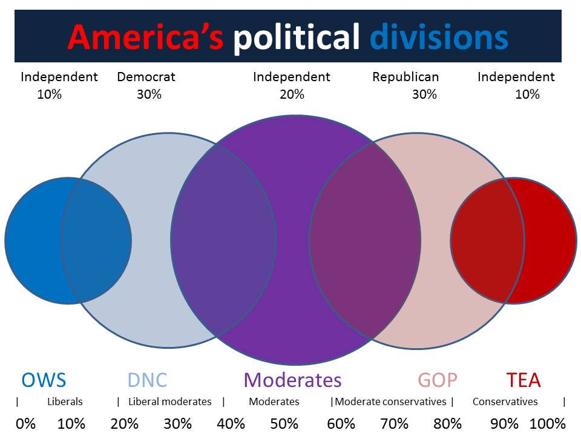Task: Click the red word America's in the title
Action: [x=145, y=37]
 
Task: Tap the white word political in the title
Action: [x=297, y=37]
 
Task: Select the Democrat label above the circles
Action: [x=146, y=77]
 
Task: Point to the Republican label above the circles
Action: [x=405, y=77]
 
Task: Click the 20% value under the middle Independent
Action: [x=292, y=94]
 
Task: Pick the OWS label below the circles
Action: [x=44, y=380]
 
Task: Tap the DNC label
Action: [x=147, y=380]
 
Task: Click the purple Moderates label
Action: [x=292, y=380]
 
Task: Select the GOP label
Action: [x=438, y=380]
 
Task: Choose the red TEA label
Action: [x=524, y=380]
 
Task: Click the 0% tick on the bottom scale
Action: [x=25, y=423]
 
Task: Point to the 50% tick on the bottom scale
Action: [x=284, y=423]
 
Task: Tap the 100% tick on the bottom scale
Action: [x=548, y=423]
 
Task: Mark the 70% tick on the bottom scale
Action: [x=394, y=423]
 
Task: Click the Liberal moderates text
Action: [x=170, y=401]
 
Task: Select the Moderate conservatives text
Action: [x=390, y=401]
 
